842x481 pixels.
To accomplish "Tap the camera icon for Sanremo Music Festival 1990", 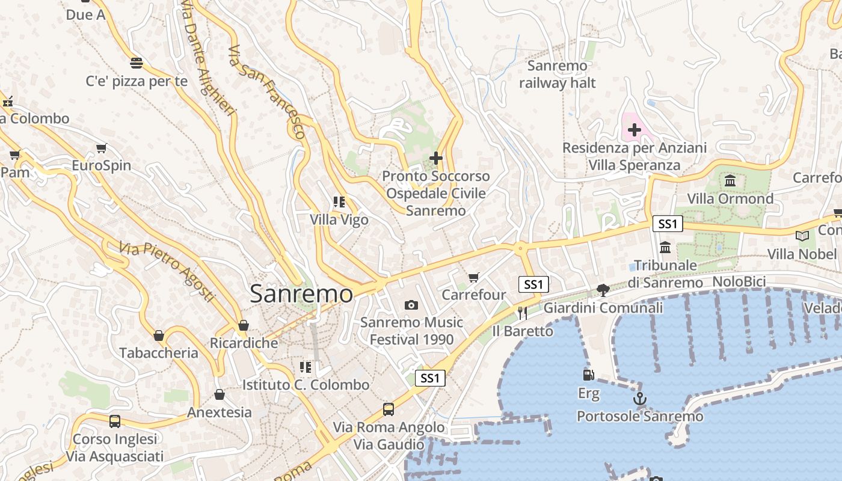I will [411, 305].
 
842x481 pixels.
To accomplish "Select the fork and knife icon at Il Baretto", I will [522, 313].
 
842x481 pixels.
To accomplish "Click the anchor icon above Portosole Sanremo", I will [640, 399].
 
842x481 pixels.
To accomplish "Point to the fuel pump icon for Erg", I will [589, 375].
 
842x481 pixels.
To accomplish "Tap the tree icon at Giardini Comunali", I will [603, 290].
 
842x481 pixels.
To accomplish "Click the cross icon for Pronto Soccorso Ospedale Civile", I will [436, 158].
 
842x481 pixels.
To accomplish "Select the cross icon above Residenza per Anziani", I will [634, 129].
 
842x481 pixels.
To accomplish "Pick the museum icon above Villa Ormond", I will [730, 180].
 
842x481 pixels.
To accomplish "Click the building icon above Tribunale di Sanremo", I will [665, 247].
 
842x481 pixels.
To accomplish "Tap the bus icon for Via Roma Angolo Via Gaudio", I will [389, 409].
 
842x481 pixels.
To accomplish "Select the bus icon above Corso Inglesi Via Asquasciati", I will [115, 421].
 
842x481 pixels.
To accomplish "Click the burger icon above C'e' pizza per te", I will [137, 63].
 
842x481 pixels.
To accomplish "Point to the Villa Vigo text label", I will [339, 220].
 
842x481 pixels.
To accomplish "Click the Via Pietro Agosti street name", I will [167, 272].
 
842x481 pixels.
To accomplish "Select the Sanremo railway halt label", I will [557, 74].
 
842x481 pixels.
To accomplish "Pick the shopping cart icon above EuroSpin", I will [101, 148].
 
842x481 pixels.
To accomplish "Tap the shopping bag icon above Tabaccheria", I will [159, 335].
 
